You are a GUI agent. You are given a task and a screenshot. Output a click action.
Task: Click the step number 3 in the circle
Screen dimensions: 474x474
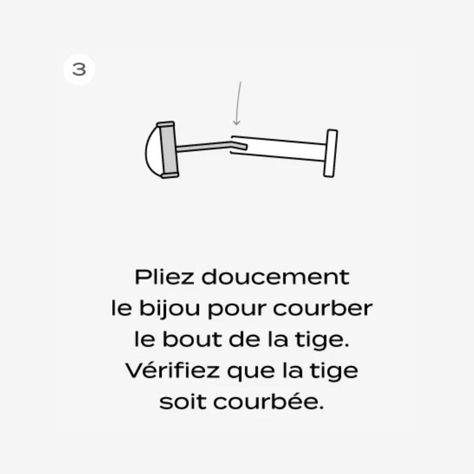click(79, 70)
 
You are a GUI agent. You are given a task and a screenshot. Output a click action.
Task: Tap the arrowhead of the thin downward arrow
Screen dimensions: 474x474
click(236, 122)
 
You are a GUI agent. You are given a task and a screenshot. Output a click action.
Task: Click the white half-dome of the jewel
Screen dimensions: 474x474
click(153, 150)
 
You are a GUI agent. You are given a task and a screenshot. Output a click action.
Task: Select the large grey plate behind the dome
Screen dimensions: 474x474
click(169, 150)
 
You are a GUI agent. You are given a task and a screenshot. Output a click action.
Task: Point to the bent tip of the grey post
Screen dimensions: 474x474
click(239, 145)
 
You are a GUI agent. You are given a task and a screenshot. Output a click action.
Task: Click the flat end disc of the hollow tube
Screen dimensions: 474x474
click(330, 153)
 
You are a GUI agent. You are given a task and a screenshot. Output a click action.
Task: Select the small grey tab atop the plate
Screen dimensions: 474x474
click(166, 124)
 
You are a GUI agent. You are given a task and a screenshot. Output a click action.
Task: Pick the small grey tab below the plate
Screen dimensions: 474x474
click(170, 175)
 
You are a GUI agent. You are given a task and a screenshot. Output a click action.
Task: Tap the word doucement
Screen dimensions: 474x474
click(275, 277)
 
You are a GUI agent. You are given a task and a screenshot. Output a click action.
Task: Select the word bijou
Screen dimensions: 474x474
click(169, 309)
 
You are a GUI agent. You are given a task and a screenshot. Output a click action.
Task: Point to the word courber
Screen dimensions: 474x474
click(323, 308)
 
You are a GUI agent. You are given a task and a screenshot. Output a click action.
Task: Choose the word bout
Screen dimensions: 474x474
click(192, 339)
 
